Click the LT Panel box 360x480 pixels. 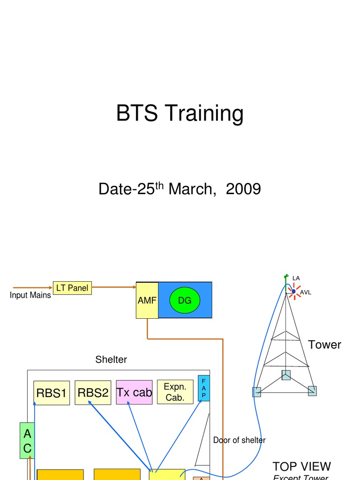[x=72, y=288]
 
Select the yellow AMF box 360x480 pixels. [x=147, y=300]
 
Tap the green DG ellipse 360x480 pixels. [x=185, y=300]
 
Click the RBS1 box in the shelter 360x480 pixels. [x=52, y=393]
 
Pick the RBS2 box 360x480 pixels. [x=93, y=393]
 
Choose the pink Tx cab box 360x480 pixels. [x=134, y=392]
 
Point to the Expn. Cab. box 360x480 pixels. [x=175, y=392]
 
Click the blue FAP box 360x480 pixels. [x=204, y=388]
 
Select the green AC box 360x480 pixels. [x=27, y=441]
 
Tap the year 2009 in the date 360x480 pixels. [x=243, y=189]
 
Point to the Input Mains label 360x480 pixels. [x=30, y=296]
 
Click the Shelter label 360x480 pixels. [x=111, y=360]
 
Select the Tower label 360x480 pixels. [x=324, y=345]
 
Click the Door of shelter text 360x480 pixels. [x=239, y=440]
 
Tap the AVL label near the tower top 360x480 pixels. [x=305, y=292]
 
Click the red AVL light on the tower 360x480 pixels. [x=294, y=292]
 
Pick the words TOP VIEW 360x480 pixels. [x=301, y=466]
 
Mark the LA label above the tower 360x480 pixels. [x=296, y=278]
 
